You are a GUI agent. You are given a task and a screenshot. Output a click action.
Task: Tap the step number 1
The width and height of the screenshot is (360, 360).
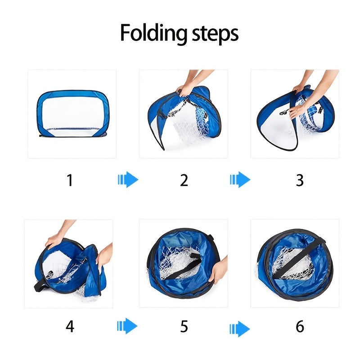[70, 180]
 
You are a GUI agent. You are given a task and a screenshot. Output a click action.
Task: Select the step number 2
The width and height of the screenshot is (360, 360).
[184, 180]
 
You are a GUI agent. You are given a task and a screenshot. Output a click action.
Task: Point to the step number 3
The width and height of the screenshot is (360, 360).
[300, 180]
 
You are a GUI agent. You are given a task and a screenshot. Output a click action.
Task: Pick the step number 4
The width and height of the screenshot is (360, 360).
[70, 326]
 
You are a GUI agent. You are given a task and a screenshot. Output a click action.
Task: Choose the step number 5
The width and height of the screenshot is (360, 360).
[184, 326]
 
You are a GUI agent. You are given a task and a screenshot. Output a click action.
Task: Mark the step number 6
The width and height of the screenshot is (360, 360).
[300, 326]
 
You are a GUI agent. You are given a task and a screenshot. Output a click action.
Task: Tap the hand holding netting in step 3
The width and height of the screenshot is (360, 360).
[297, 111]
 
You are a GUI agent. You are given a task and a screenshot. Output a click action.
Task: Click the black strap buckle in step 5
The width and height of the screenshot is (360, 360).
[195, 258]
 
